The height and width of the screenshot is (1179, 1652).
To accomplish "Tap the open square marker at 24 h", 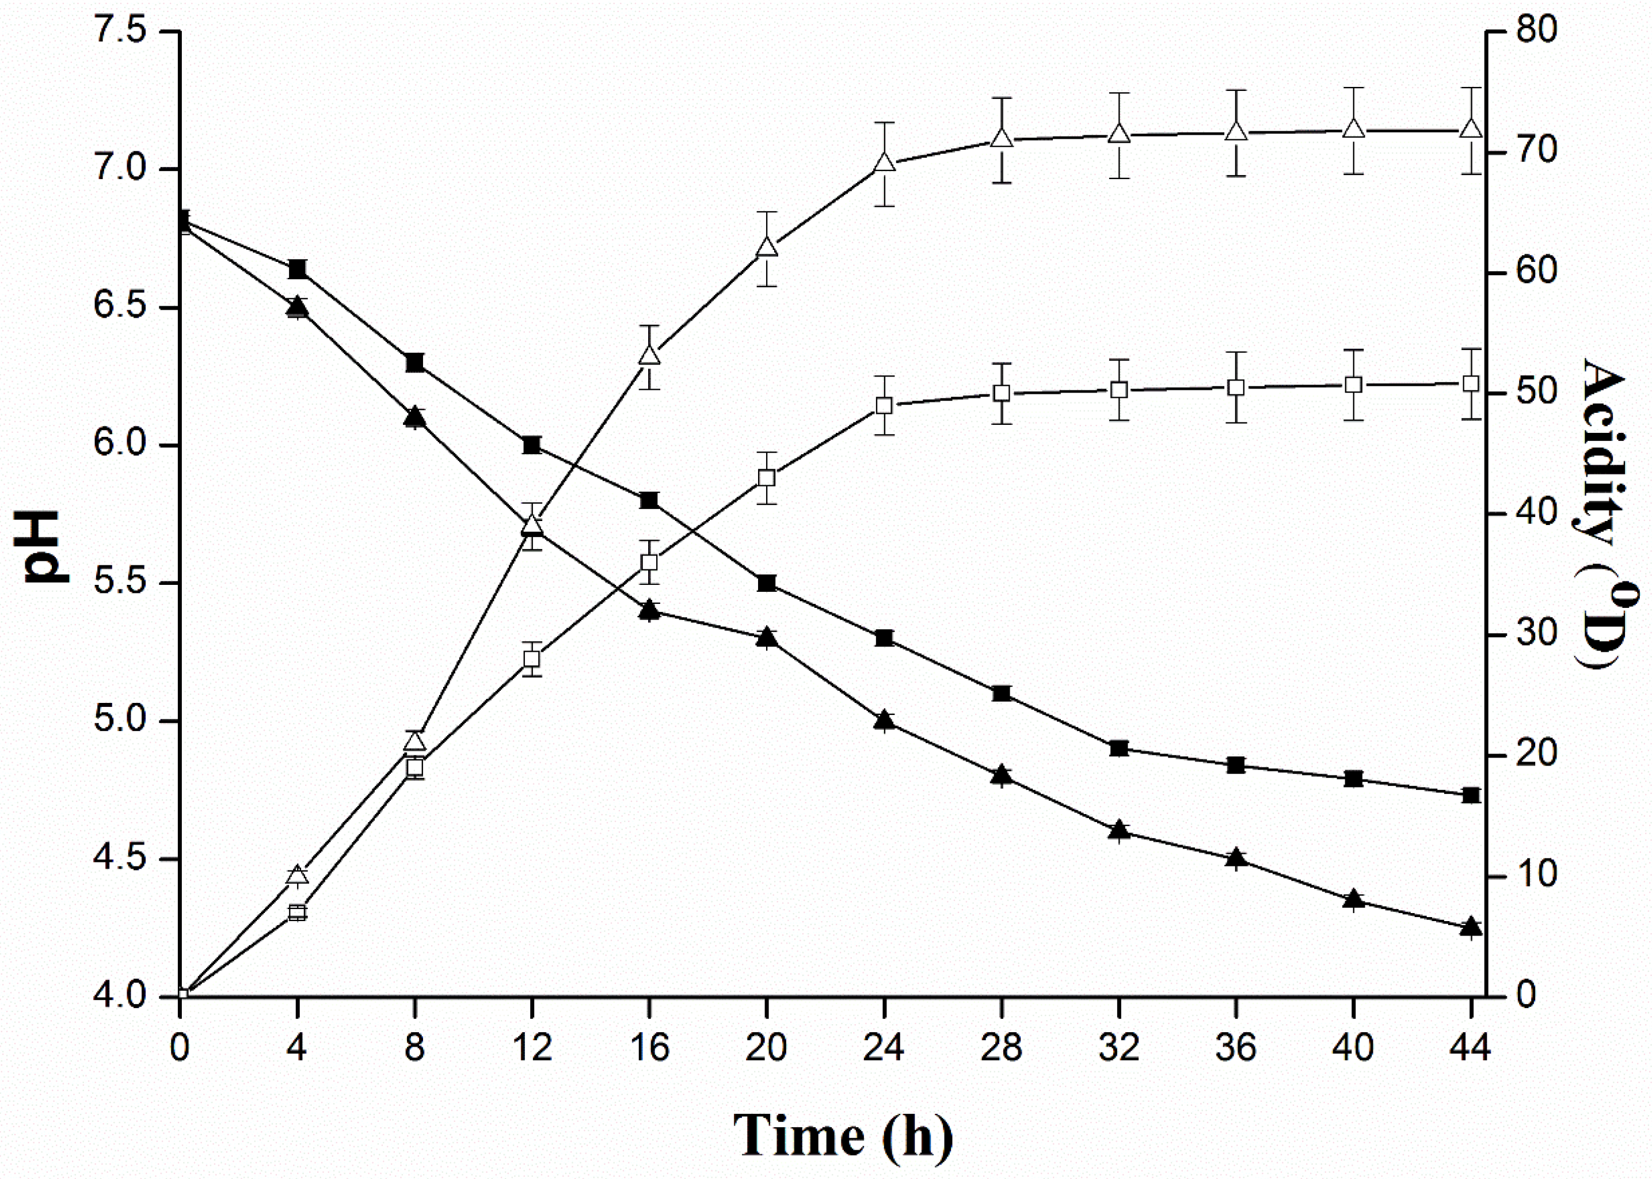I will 884,406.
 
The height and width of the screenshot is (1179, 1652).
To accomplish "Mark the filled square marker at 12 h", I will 532,445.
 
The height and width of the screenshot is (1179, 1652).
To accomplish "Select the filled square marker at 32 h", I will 1118,748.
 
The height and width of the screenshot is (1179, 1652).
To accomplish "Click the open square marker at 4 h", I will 297,912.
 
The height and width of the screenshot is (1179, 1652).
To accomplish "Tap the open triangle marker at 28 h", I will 1002,139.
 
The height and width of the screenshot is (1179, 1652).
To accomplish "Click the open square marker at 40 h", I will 1353,385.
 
